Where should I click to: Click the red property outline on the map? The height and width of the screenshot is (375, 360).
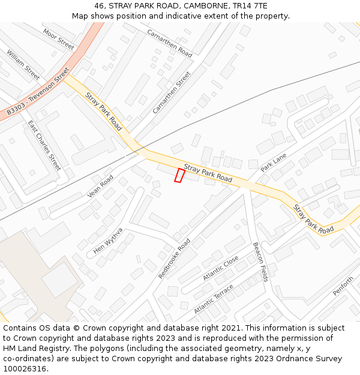(x=179, y=175)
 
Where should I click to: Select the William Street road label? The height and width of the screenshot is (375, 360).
(x=23, y=64)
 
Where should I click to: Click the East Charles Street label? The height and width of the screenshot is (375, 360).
(x=44, y=145)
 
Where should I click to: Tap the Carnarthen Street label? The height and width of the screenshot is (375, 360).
(x=172, y=92)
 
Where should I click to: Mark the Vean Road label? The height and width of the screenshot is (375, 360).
(x=100, y=186)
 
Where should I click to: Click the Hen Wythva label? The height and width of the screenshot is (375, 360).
(x=108, y=241)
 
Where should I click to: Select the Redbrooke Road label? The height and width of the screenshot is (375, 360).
(x=174, y=258)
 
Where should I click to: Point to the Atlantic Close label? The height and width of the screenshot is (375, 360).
(x=220, y=268)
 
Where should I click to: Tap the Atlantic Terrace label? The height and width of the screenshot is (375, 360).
(x=214, y=299)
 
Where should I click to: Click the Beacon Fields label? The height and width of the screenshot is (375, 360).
(x=260, y=262)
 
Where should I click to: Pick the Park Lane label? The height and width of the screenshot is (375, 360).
(x=274, y=162)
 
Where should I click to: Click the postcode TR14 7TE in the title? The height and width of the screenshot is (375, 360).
(x=250, y=6)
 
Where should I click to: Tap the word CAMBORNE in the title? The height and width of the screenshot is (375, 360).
(x=205, y=6)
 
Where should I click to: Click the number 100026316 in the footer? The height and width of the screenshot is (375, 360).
(x=24, y=368)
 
